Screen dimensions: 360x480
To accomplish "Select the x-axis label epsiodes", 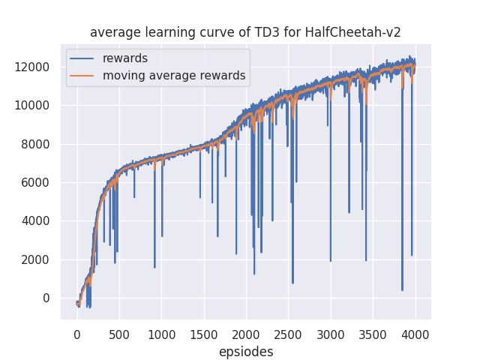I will (246, 352).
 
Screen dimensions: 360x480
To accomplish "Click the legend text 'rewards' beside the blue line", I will (125, 58).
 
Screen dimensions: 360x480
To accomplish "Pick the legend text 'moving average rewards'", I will (174, 76).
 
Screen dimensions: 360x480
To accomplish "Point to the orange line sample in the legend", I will (83, 76).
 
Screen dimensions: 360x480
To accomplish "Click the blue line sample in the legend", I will (83, 58).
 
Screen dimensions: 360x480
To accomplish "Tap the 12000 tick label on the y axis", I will (33, 67).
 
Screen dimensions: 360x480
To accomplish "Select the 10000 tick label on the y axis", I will (33, 106).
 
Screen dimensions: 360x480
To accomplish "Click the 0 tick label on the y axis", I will (46, 298).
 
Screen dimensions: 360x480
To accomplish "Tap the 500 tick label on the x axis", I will (119, 334).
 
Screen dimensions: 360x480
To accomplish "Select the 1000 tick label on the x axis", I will (161, 334).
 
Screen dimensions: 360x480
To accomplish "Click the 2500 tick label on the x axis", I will (288, 334).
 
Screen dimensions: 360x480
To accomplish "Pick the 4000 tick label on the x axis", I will (415, 334).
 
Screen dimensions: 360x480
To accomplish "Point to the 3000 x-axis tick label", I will (331, 334).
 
